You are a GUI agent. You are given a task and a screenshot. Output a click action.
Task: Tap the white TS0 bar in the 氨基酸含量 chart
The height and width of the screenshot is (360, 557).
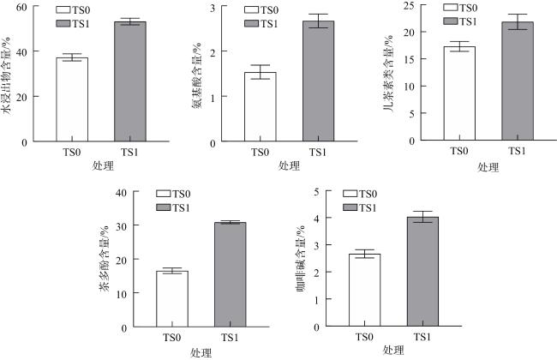tap(260, 106)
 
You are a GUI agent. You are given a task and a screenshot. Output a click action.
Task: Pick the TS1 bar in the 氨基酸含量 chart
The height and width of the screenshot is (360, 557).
tap(318, 81)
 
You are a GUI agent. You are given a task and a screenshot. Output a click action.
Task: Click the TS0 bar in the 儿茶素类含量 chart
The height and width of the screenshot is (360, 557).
tap(458, 93)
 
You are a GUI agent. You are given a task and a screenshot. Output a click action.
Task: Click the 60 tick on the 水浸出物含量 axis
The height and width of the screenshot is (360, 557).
tap(21, 8)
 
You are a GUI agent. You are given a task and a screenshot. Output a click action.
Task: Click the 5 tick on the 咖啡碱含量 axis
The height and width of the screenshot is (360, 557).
tap(317, 192)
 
